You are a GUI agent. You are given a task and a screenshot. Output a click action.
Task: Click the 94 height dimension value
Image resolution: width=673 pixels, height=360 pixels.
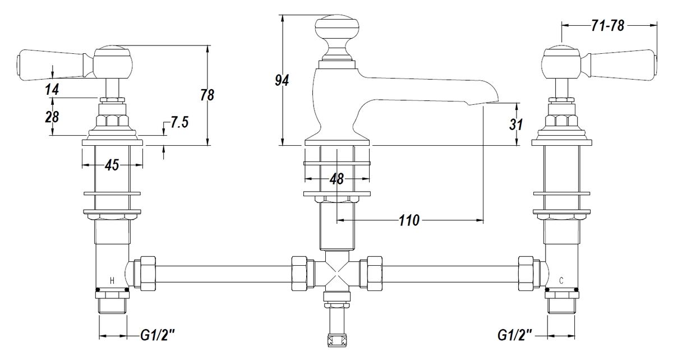coord(282,81)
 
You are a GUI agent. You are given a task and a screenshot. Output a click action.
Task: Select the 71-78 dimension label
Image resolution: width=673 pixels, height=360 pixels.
coord(607,26)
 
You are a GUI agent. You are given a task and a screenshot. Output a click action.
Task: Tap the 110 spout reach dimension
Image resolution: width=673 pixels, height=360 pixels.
coord(409,220)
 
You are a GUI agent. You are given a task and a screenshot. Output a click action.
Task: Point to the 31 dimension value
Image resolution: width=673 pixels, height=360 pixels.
coord(516,124)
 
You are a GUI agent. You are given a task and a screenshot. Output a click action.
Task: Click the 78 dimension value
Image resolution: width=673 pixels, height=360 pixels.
coord(208,95)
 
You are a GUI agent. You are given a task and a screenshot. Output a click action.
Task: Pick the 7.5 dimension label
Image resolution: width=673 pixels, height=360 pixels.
coord(179,123)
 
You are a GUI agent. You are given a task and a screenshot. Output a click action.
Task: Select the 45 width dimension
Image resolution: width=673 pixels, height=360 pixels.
coord(112,165)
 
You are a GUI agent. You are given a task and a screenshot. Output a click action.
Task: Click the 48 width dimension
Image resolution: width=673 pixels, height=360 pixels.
coord(336,179)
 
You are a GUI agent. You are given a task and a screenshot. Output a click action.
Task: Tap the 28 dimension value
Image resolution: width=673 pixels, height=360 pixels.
coord(52,117)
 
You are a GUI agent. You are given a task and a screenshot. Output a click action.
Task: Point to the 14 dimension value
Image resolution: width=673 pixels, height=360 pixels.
coord(52,90)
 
